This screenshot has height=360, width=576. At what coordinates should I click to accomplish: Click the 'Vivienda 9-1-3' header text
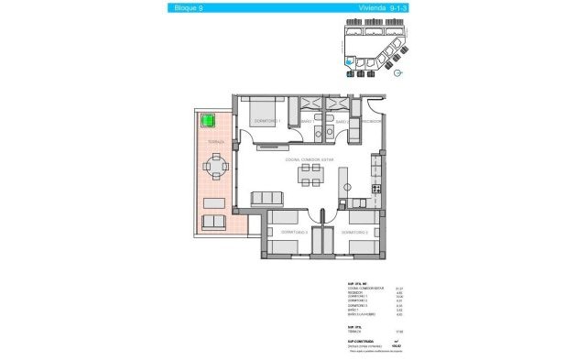(x=373, y=8)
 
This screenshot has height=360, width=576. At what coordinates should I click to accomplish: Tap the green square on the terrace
(x=210, y=120)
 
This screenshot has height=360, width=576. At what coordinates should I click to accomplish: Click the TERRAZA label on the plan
(x=215, y=143)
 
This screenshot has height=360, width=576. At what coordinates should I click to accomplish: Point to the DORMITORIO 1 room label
(x=266, y=121)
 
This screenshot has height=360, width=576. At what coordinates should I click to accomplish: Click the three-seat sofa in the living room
(x=266, y=197)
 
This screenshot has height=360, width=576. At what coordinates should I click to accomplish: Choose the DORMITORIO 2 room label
(x=354, y=233)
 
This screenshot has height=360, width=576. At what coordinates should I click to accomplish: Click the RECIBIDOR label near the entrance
(x=369, y=121)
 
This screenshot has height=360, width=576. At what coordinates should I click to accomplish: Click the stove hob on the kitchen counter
(x=375, y=190)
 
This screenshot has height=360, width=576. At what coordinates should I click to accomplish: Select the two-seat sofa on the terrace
(x=214, y=222)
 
